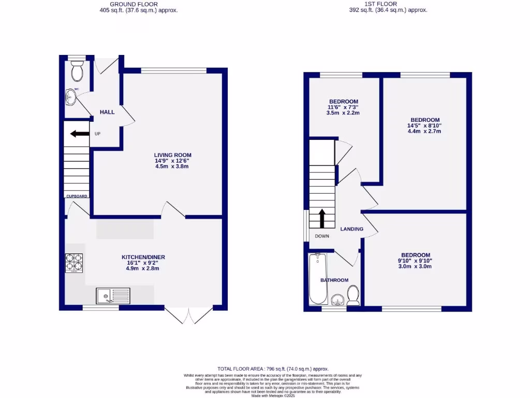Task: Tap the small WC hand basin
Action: pyautogui.click(x=71, y=96)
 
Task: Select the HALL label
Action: pyautogui.click(x=107, y=112)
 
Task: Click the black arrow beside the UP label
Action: pyautogui.click(x=79, y=134)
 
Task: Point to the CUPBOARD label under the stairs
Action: pyautogui.click(x=77, y=196)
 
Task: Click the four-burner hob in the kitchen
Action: pyautogui.click(x=73, y=263)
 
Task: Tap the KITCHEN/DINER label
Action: pyautogui.click(x=143, y=257)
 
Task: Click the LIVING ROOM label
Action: pyautogui.click(x=172, y=154)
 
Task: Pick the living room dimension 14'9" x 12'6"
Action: pyautogui.click(x=172, y=161)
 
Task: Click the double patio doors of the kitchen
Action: pyautogui.click(x=189, y=315)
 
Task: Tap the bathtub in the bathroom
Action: pyautogui.click(x=317, y=279)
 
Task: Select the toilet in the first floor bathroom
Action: pyautogui.click(x=354, y=296)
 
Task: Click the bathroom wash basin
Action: pyautogui.click(x=337, y=300)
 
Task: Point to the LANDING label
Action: pyautogui.click(x=351, y=229)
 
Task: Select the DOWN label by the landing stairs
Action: pyautogui.click(x=321, y=236)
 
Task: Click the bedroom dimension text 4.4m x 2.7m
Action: pyautogui.click(x=424, y=131)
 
